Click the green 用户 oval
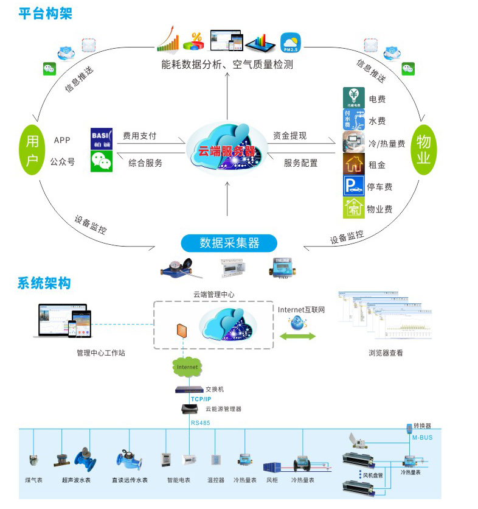tap(32, 150)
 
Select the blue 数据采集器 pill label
tap(229, 243)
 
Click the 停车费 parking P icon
tap(353, 186)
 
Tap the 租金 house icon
tap(353, 164)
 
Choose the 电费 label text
tap(377, 99)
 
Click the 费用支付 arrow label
tap(139, 135)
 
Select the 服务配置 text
tap(300, 163)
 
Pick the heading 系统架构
tap(43, 283)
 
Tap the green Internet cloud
tap(188, 367)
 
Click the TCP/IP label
tap(201, 399)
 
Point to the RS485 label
tap(201, 421)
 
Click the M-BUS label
tap(421, 437)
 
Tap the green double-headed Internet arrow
tap(297, 336)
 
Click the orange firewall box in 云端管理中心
tap(181, 331)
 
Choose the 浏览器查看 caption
tap(386, 353)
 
